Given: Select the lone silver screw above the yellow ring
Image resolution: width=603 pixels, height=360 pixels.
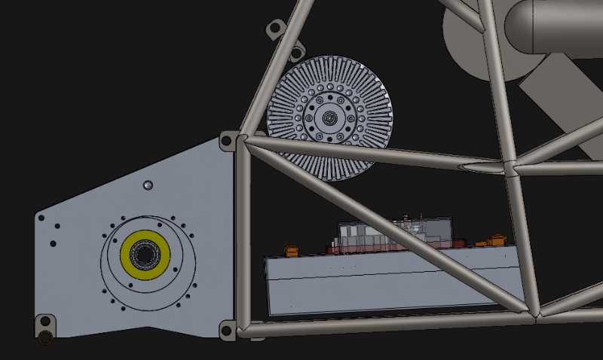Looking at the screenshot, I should click(x=148, y=185).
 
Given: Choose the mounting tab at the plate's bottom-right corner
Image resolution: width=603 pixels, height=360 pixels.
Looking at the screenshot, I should click(x=226, y=330).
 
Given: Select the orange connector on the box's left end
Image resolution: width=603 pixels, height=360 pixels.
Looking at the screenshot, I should click(x=289, y=249).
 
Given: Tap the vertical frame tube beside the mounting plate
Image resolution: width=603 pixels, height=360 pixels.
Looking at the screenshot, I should click(x=243, y=233).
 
